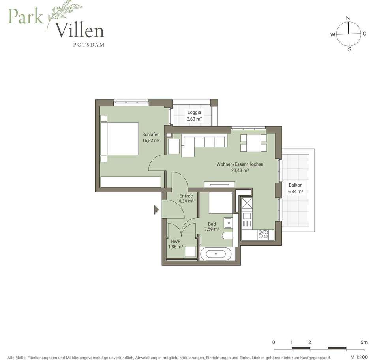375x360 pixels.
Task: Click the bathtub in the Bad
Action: [216, 254]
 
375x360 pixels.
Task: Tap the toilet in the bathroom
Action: [227, 236]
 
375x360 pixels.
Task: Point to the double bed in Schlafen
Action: [120, 139]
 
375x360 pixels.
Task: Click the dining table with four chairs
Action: [253, 143]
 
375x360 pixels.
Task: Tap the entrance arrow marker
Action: [156, 210]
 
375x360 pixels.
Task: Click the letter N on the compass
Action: [348, 18]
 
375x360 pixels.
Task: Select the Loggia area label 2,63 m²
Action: [194, 119]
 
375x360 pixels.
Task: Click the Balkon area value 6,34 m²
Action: [296, 191]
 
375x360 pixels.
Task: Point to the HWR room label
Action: [176, 242]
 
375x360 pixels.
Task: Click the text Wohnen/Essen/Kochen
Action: [240, 164]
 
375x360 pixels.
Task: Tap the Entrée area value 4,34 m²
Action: [186, 201]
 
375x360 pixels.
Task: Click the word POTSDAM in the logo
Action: [89, 45]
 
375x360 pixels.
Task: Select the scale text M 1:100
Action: [359, 357]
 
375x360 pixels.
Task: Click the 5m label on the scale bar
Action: [364, 342]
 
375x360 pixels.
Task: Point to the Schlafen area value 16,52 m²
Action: [151, 141]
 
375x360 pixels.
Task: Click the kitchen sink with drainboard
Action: [247, 219]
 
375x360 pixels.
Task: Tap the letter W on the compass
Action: [333, 35]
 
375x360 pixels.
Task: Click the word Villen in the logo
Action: [79, 30]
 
